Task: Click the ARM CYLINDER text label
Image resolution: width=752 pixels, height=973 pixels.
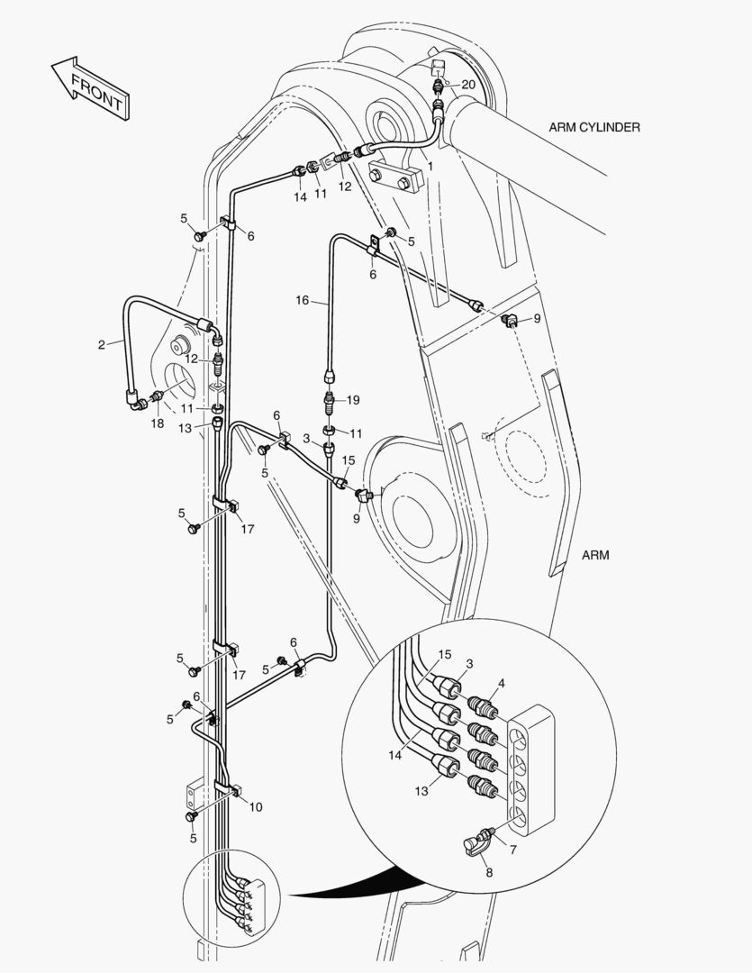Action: pos(593,127)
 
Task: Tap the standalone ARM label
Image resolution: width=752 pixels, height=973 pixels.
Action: pos(595,555)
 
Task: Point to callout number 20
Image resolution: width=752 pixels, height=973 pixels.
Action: pos(468,84)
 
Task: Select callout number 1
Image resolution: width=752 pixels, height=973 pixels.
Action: pos(430,166)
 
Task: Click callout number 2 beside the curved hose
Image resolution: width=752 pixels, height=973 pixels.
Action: pos(101,343)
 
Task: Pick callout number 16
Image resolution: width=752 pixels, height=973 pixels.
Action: pos(303,299)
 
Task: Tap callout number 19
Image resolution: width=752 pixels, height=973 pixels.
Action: pos(353,399)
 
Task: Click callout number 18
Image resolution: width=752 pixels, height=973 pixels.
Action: pos(158,423)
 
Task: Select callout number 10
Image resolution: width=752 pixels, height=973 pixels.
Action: pos(256,806)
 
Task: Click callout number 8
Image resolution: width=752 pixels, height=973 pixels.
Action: pos(489,872)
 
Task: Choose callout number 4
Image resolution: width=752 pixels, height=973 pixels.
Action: pos(502,683)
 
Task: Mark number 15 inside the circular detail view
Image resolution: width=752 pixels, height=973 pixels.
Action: pos(445,654)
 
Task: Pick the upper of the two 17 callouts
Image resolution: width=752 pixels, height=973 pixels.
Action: pos(248,529)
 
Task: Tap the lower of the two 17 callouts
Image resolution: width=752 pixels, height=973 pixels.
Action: pos(240,674)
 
